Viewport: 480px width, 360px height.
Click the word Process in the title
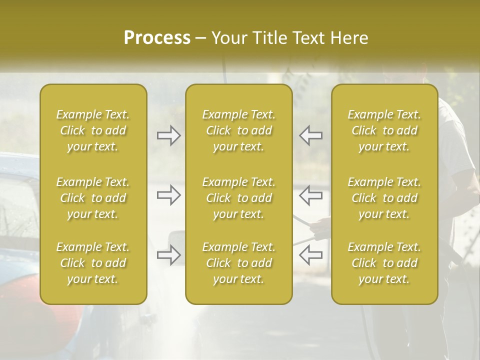157,38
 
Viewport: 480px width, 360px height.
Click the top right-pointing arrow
168,135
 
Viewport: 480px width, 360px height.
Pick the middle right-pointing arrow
168,195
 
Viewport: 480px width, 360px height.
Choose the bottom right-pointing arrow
168,255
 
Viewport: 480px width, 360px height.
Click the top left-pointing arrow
310,135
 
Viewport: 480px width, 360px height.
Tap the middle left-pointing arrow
310,195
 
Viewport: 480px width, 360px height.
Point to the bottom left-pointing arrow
310,255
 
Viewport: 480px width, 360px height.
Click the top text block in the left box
93,130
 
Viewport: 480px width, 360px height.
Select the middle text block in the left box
93,198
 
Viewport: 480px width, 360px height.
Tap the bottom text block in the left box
93,263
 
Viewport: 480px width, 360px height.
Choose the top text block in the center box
238,130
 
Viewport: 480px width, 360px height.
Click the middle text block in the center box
238,198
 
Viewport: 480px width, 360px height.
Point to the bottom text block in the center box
238,263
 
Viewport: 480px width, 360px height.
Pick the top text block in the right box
384,130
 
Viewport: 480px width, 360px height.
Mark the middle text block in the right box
384,198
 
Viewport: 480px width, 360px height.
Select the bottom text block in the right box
384,263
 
